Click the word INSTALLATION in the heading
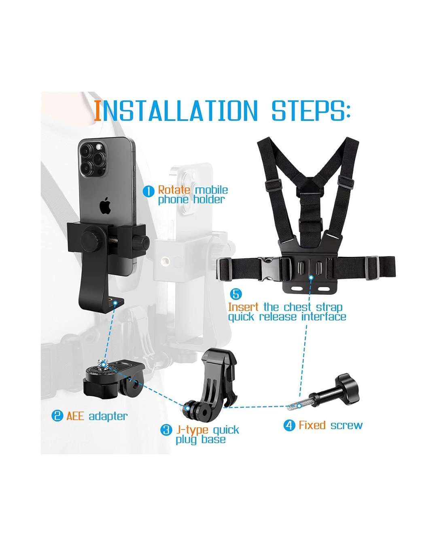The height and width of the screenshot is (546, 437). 176,111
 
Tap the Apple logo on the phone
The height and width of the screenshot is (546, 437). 105,205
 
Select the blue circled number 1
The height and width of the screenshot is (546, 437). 148,191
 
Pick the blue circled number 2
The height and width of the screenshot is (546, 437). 57,416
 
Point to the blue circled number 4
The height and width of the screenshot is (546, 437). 289,425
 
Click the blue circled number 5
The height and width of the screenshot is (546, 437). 236,294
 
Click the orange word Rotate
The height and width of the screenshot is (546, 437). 174,190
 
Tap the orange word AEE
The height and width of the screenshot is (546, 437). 75,416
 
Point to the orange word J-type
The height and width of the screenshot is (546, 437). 192,431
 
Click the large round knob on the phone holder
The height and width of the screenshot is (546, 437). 92,241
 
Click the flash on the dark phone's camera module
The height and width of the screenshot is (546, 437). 98,147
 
